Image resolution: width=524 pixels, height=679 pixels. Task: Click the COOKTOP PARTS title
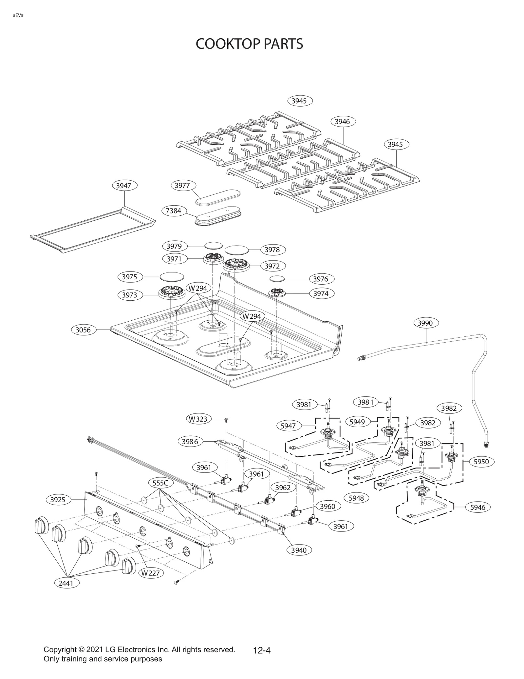click(249, 44)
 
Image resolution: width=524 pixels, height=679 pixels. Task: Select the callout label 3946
click(342, 121)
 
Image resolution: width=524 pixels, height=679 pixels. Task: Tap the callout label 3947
click(123, 186)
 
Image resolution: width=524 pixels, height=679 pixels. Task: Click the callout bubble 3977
click(182, 186)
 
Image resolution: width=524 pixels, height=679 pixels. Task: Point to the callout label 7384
click(173, 210)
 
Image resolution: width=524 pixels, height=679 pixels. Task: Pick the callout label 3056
click(83, 330)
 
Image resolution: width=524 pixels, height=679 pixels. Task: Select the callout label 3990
click(425, 323)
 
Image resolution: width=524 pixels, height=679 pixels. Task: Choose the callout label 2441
click(66, 583)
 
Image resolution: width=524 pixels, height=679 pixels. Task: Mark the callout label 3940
click(299, 550)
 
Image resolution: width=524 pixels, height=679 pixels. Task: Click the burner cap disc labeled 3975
click(172, 276)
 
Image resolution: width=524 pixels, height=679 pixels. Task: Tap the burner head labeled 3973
click(172, 292)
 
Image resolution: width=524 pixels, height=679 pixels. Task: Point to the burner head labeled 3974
click(277, 292)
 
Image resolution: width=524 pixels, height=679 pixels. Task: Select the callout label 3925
click(58, 500)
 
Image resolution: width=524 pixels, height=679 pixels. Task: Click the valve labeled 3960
click(296, 513)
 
